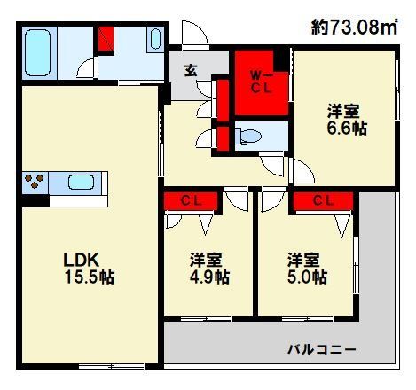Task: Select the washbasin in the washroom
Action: coord(153,41)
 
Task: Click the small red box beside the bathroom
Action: coord(106,40)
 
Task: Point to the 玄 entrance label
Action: coord(191,71)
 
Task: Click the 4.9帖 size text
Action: coord(209,277)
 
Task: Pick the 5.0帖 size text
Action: coord(306,277)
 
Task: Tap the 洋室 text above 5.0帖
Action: coord(305,260)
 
